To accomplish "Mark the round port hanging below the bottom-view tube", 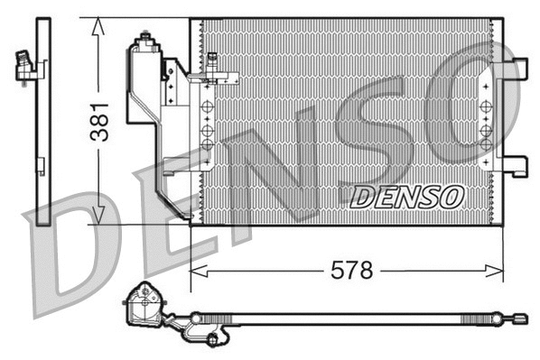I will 213,339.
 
